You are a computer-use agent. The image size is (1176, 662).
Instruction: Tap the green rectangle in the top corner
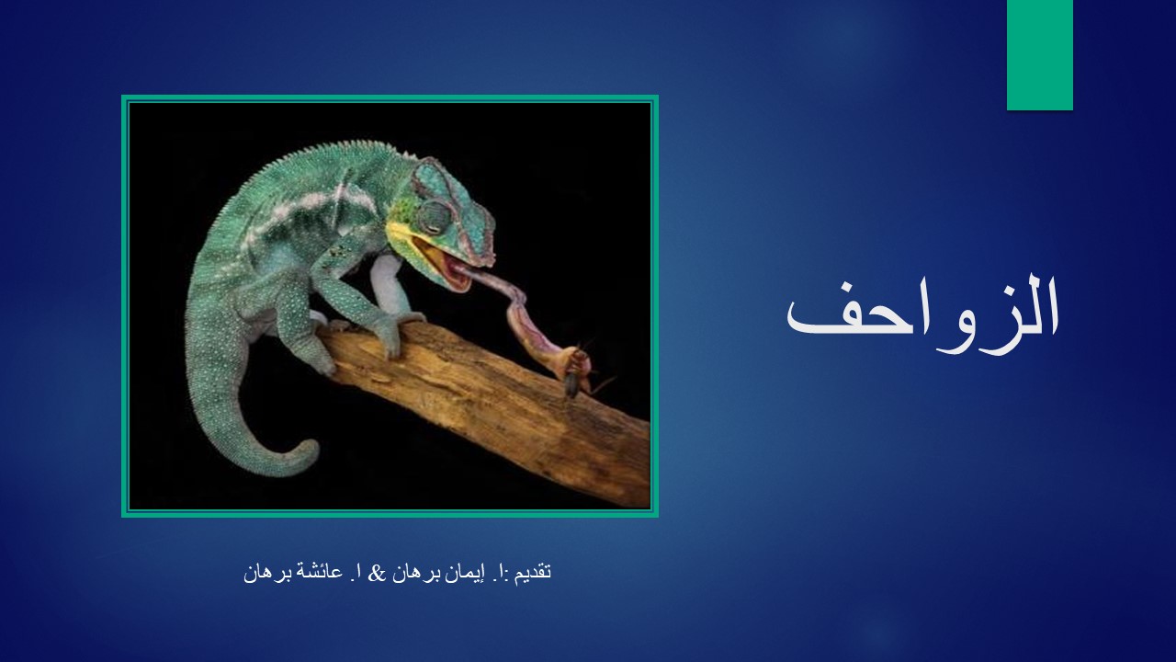1039,55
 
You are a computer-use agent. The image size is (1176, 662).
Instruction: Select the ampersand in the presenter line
376,573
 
